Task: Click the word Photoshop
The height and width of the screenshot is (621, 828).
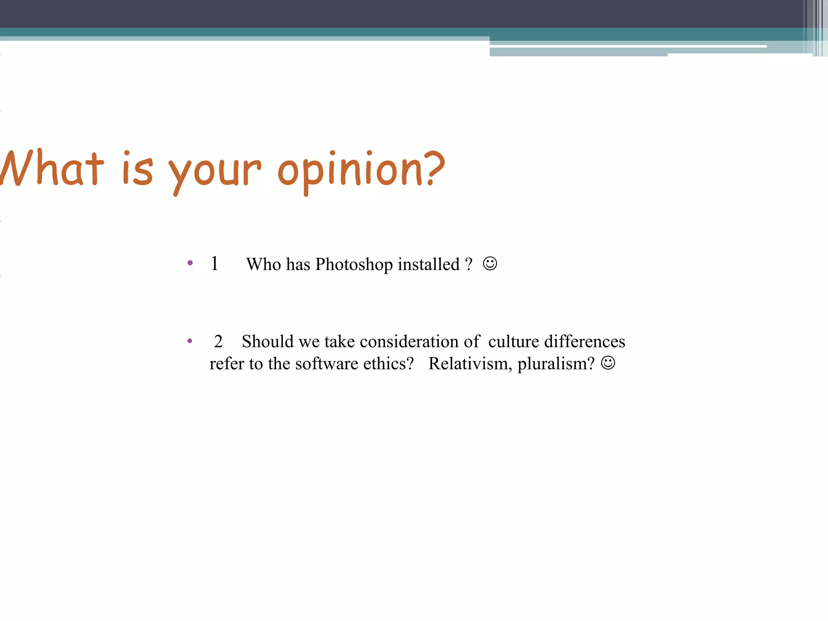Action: coord(354,264)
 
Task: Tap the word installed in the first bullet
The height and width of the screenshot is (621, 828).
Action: coord(429,264)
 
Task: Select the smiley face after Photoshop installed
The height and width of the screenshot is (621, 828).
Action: coord(490,264)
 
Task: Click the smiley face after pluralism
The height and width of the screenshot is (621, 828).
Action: coord(608,363)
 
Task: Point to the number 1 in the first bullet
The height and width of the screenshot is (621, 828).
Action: coord(215,264)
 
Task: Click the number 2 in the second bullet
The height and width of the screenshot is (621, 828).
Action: coord(218,342)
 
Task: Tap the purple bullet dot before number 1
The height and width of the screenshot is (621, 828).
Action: coord(190,263)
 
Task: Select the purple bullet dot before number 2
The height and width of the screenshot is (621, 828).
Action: coord(190,341)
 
